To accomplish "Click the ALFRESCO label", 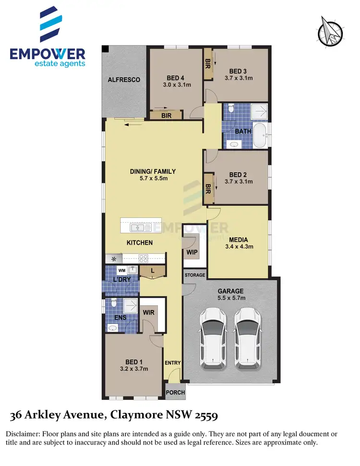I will [124, 80].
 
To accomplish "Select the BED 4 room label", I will [175, 78].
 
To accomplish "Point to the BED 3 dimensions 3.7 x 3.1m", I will [239, 78].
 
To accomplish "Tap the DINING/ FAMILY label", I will [153, 171].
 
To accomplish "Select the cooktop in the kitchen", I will [143, 258].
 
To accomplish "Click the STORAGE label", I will [195, 275].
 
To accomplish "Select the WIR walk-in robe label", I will [148, 312].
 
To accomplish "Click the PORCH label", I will [175, 392].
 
